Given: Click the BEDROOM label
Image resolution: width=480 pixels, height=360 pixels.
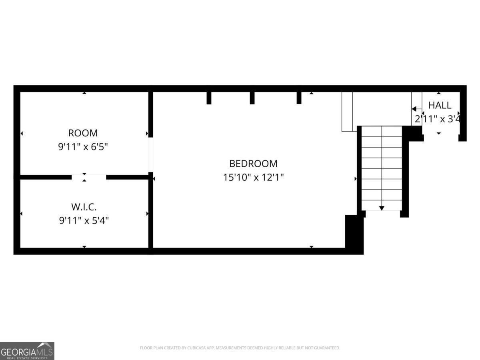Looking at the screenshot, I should (x=253, y=164).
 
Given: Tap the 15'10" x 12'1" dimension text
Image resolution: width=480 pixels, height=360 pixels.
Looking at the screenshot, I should (x=253, y=177).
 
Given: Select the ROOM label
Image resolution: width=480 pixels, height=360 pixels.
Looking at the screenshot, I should (x=83, y=133).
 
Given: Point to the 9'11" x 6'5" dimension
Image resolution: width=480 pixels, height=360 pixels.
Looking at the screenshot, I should (x=83, y=147).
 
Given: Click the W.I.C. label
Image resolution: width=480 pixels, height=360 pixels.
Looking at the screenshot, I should (x=84, y=207).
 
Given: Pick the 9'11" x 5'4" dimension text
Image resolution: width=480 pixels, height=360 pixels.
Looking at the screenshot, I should (x=84, y=220).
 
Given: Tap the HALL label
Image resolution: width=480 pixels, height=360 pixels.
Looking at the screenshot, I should (x=440, y=106).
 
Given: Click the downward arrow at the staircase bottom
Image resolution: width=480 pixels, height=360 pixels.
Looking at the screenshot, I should (x=382, y=208).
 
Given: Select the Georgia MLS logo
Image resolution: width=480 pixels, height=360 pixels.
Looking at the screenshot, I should (x=27, y=351).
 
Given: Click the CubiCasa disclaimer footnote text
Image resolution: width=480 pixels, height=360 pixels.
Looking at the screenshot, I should (x=240, y=348).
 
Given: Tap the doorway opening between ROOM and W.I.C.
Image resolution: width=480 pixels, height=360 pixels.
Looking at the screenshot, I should (x=89, y=176).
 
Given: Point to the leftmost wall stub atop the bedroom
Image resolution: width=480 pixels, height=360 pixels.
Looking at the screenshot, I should (x=209, y=98).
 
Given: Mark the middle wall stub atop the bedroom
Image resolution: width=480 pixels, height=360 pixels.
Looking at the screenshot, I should (x=252, y=98).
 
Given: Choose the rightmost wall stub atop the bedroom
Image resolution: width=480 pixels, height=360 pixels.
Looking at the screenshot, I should (x=299, y=98).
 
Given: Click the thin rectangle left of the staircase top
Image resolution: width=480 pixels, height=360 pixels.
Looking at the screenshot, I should (x=347, y=112).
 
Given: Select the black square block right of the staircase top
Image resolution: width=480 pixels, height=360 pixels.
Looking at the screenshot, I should (x=413, y=133).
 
